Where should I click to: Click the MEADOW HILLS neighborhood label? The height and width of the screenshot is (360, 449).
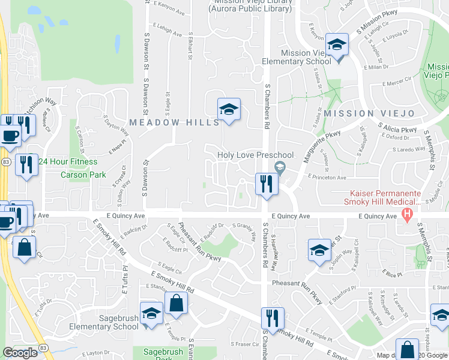coord(175,122)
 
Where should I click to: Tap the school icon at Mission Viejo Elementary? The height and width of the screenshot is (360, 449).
coord(337,46)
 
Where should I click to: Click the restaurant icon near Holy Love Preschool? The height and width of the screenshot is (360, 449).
coord(267,183)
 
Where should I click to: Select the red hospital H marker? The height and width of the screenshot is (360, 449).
coord(408,214)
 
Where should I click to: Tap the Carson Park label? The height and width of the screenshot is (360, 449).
coord(83,175)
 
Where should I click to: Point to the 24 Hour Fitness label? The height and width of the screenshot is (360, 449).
coord(68,161)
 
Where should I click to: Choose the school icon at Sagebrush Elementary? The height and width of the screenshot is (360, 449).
coord(151,314)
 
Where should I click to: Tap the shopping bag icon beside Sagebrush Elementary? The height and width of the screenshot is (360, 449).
coord(176,304)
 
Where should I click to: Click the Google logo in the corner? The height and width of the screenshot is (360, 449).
coord(20,353)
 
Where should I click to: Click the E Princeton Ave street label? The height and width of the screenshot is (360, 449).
coord(327,178)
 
